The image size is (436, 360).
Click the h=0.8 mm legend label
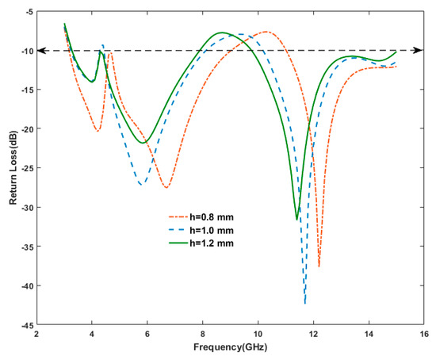click(212, 217)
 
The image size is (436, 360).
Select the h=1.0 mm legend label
click(212, 231)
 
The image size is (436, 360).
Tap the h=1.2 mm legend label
click(212, 243)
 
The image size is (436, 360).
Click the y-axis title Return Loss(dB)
click(13, 168)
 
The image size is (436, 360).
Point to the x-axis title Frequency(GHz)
click(230, 347)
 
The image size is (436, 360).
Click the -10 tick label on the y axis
click(27, 52)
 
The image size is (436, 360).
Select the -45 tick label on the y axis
click(27, 325)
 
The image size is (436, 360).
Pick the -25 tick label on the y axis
click(27, 169)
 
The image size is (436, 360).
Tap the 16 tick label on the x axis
click(424, 334)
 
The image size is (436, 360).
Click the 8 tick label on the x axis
click(203, 334)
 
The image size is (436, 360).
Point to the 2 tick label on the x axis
click(36, 334)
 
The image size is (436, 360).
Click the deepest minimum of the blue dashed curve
click(305, 303)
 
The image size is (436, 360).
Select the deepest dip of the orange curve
click(319, 266)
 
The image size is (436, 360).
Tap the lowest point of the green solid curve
click(297, 220)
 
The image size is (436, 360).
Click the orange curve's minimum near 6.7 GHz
click(166, 187)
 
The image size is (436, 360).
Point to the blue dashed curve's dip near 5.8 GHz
click(142, 185)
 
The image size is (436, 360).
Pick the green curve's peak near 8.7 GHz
click(222, 33)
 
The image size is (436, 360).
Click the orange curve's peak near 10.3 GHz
click(266, 32)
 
